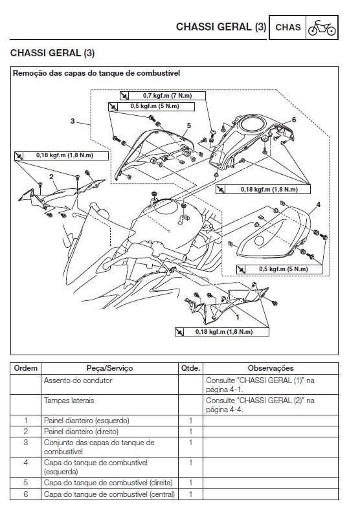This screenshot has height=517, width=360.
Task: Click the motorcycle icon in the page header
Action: click(x=321, y=27)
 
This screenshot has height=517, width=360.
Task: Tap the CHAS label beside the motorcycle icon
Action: click(x=288, y=27)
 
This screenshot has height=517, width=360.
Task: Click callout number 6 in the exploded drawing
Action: click(x=293, y=120)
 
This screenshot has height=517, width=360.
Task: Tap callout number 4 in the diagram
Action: click(x=317, y=205)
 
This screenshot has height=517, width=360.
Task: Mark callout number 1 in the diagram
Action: click(x=237, y=318)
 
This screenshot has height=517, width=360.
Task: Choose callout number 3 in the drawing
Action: click(x=72, y=121)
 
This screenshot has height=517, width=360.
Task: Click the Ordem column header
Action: click(x=26, y=368)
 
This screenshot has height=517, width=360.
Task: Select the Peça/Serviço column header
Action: click(x=109, y=368)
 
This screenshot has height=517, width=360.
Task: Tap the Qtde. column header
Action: click(x=190, y=368)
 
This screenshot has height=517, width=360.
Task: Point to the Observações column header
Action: click(x=271, y=368)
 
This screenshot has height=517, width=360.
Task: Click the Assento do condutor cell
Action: click(x=78, y=381)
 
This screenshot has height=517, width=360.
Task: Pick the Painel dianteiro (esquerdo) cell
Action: click(x=86, y=421)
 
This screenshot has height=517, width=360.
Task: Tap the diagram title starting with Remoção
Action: click(x=96, y=74)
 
